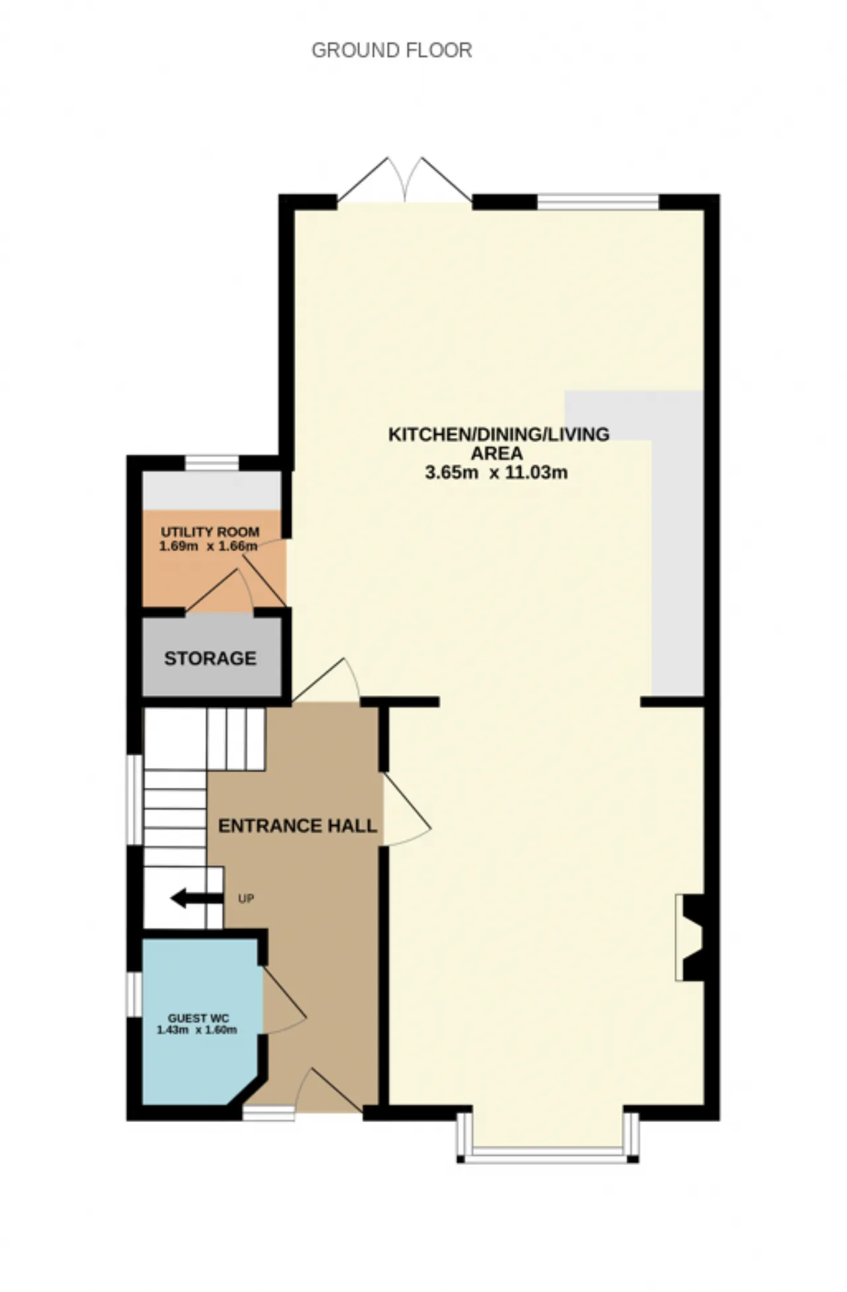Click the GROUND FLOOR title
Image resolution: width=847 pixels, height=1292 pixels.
tap(392, 50)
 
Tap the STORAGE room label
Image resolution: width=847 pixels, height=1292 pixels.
tap(210, 658)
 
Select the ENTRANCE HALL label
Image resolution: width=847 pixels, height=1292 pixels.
tap(298, 826)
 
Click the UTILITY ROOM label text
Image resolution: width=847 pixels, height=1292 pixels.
tap(210, 532)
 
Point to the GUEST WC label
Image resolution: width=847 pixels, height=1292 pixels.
tap(199, 1019)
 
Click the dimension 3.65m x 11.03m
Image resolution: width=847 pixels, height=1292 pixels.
tap(496, 472)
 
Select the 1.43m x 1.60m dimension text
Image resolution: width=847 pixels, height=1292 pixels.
tap(197, 1030)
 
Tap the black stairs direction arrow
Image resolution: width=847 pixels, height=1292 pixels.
tap(197, 898)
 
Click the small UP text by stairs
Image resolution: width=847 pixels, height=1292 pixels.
tap(246, 899)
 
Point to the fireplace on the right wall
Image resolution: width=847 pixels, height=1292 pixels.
tap(690, 937)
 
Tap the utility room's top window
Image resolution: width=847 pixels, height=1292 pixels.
tap(212, 463)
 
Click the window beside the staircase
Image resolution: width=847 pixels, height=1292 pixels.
tap(135, 800)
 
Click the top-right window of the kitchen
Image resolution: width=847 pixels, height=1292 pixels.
tap(598, 201)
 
